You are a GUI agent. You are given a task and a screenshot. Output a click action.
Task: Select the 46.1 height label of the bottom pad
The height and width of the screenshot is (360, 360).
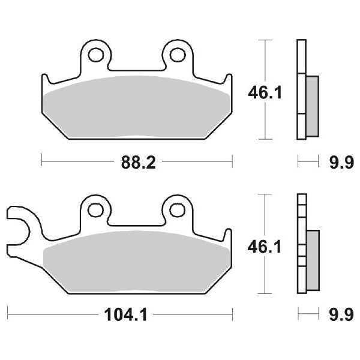265,245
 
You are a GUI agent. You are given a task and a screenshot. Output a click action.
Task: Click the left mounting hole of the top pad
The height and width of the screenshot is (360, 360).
95,55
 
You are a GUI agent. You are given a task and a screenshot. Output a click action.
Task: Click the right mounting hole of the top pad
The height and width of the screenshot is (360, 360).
176,55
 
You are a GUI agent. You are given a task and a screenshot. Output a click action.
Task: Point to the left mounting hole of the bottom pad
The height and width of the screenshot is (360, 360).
95,209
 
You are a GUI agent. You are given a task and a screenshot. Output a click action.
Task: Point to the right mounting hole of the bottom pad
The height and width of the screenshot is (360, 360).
176,209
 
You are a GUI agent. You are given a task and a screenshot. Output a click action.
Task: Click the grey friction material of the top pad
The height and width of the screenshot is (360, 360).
137,105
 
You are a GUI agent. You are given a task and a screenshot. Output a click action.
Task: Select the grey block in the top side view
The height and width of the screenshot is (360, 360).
313,105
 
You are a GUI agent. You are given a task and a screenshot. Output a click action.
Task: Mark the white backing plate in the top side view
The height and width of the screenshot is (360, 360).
301,90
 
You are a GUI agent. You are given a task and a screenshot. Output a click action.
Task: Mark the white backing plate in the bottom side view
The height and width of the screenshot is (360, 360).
301,243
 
